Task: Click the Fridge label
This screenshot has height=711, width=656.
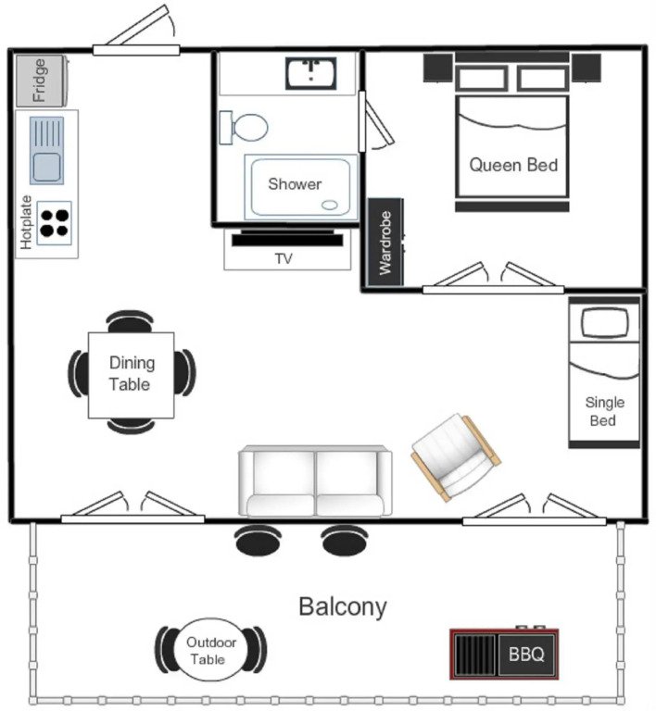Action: pyautogui.click(x=39, y=81)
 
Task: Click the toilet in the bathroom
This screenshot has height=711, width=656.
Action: pyautogui.click(x=246, y=125)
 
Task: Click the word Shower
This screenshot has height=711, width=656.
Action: pyautogui.click(x=295, y=184)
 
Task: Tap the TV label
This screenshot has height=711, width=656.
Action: pyautogui.click(x=284, y=259)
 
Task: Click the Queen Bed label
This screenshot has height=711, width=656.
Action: pyautogui.click(x=513, y=166)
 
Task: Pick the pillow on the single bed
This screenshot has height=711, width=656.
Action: pyautogui.click(x=603, y=322)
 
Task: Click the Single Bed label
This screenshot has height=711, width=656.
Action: pyautogui.click(x=604, y=412)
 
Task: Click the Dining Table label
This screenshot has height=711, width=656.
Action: pyautogui.click(x=131, y=373)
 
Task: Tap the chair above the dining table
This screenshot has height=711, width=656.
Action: pyautogui.click(x=131, y=320)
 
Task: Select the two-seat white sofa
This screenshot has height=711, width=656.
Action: pyautogui.click(x=315, y=481)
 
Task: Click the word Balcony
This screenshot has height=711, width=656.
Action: pyautogui.click(x=342, y=607)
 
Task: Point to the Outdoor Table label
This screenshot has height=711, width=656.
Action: pyautogui.click(x=210, y=651)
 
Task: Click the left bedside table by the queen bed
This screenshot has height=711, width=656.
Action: pyautogui.click(x=437, y=67)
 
